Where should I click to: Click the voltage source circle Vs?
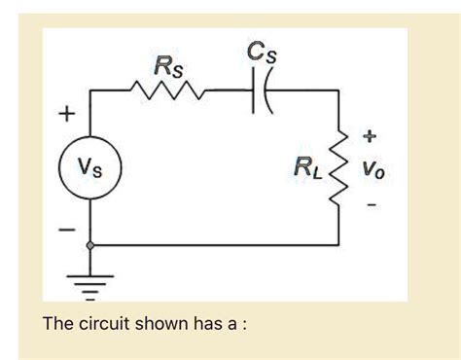click(x=90, y=171)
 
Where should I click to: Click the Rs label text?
click(x=167, y=66)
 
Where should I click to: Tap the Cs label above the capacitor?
click(x=256, y=52)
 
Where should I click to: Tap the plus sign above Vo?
click(x=372, y=134)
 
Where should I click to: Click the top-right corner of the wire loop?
click(x=338, y=90)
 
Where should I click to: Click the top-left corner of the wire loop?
click(x=90, y=90)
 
